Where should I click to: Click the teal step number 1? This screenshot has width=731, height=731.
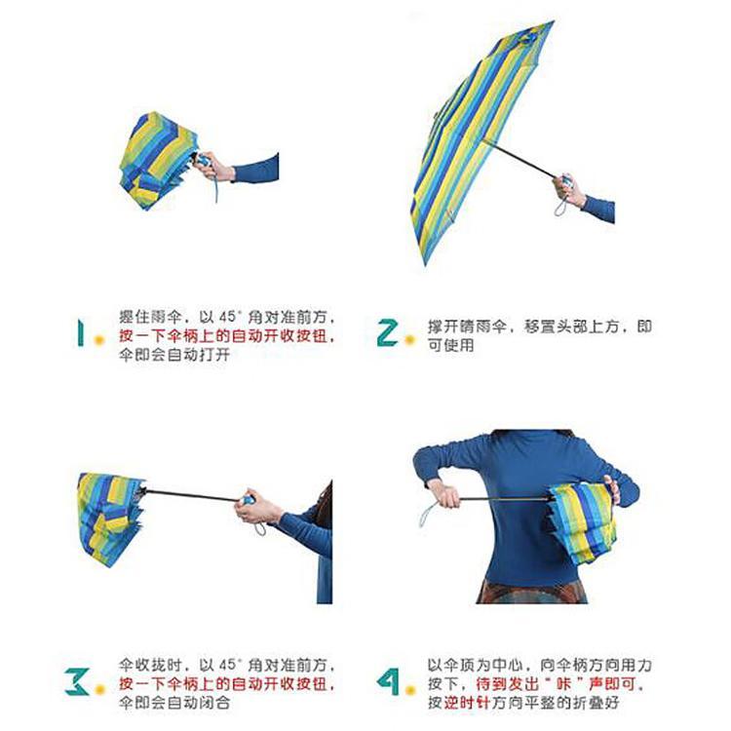[x=81, y=332]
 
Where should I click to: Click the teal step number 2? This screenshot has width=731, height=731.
[x=388, y=332]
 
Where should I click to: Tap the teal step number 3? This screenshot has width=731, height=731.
[x=76, y=681]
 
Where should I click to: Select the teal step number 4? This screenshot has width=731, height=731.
[x=388, y=681]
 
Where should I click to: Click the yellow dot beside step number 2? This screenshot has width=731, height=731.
[x=409, y=340]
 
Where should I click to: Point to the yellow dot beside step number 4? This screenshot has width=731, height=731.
[x=410, y=689]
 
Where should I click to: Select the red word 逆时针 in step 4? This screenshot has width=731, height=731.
[x=467, y=703]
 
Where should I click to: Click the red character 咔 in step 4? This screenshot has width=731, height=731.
[x=565, y=683]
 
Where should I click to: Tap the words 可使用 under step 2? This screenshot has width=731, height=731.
[x=451, y=345]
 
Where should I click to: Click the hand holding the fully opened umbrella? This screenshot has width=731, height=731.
[x=568, y=190]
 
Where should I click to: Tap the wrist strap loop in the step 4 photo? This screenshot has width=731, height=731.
[x=428, y=515]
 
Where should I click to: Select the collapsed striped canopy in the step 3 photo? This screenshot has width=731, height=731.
[x=111, y=519]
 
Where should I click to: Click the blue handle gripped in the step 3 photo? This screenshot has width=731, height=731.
[x=248, y=500]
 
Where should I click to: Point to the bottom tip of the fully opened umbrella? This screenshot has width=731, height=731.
[x=425, y=264]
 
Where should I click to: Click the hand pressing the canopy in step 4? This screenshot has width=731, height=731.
[x=612, y=490]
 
